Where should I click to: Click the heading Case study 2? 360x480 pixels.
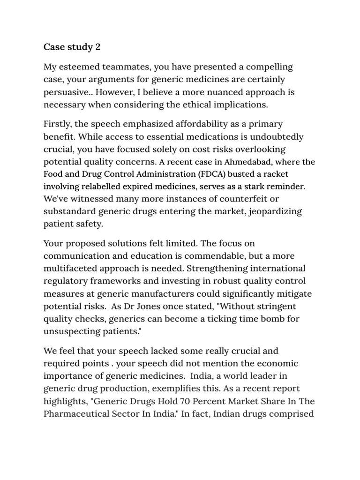(72, 47)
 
